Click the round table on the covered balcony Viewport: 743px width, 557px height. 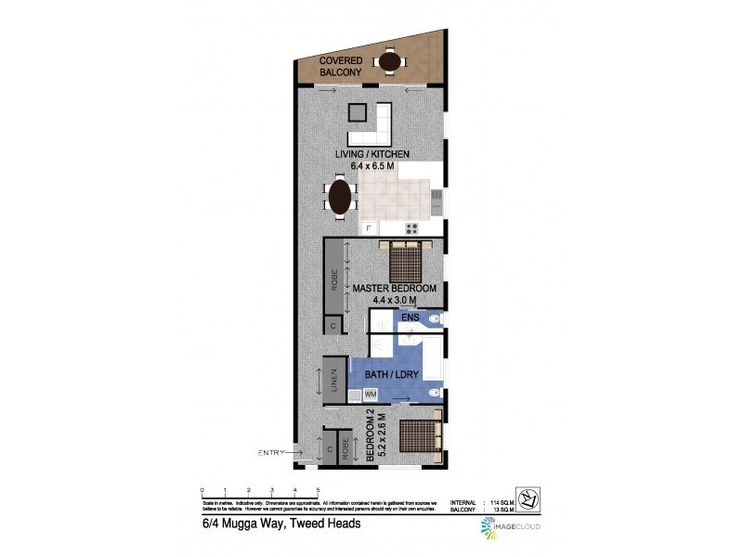[x=389, y=61]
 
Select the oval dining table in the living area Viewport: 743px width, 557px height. [x=340, y=197]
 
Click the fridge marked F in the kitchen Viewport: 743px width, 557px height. [x=369, y=227]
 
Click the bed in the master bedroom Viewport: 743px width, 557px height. [x=406, y=260]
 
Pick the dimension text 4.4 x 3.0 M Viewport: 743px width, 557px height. [x=395, y=300]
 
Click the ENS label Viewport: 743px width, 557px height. [x=411, y=317]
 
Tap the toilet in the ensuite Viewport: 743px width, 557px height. [x=437, y=320]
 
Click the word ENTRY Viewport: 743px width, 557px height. [x=272, y=452]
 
